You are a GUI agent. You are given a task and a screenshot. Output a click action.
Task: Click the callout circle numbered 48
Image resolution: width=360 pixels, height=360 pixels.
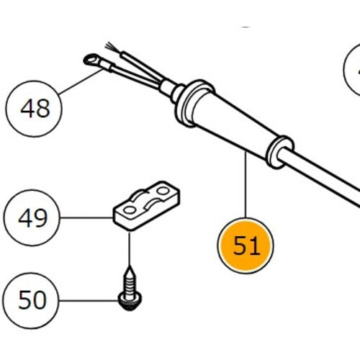click(35, 109)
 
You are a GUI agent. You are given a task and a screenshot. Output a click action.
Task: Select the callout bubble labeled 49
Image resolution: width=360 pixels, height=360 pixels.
click(32, 217)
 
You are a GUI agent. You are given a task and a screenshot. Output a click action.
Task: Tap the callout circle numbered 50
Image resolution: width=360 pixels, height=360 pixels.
click(32, 299)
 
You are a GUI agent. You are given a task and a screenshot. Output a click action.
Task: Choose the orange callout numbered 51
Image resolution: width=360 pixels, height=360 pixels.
click(246, 246)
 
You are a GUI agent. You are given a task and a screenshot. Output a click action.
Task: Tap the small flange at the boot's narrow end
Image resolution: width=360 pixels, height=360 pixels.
click(279, 148)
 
